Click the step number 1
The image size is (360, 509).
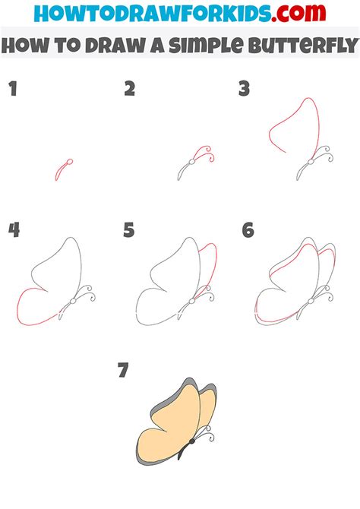coord(13,89)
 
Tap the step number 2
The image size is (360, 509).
coord(130,89)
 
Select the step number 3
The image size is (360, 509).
coord(244,89)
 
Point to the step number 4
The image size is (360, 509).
coord(14,230)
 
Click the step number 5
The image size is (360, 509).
coord(129,230)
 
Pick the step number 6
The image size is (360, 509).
coord(248,230)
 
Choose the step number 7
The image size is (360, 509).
coord(123,370)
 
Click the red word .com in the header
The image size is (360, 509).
coord(298,13)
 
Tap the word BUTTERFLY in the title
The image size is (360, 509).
coord(304,46)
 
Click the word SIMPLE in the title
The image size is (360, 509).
coord(206,46)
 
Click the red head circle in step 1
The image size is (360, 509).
coord(69,162)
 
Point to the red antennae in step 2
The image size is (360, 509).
coord(205,153)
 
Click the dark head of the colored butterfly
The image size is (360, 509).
coord(192,441)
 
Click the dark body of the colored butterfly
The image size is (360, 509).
coord(184,451)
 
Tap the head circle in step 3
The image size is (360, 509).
coord(311,162)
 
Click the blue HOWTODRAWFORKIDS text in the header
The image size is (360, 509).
coord(152,14)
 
